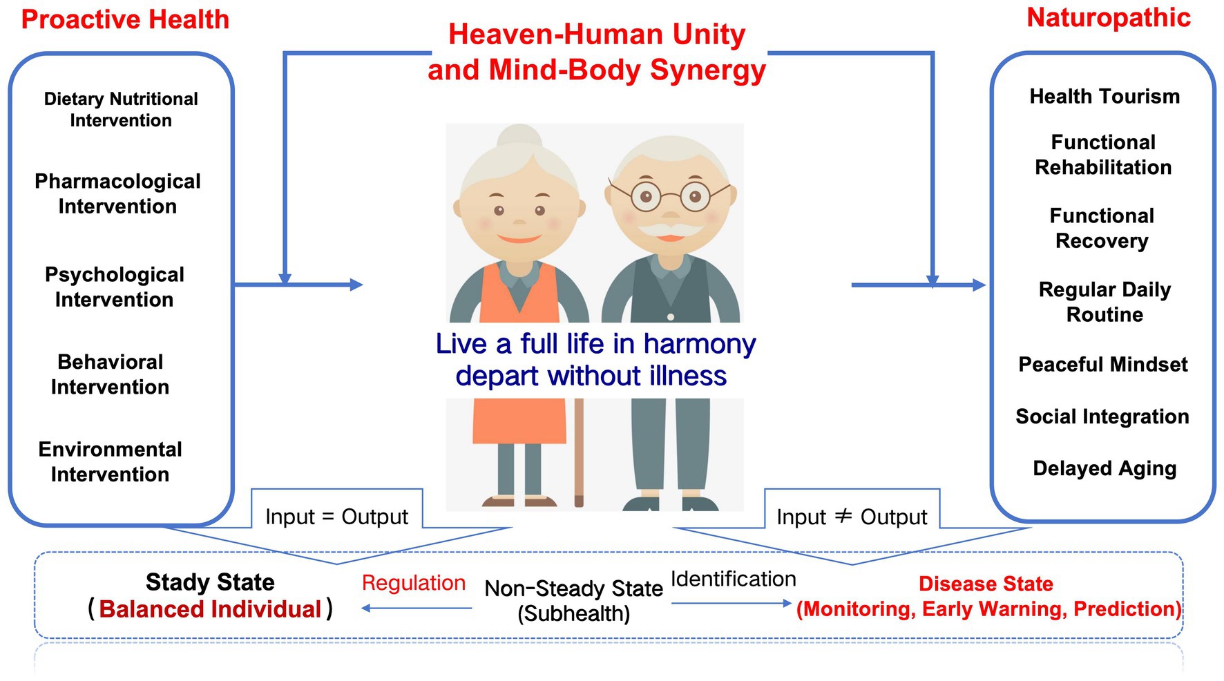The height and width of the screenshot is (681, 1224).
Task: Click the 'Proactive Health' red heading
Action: [125, 19]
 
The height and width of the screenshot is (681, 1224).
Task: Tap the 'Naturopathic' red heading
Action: [1109, 17]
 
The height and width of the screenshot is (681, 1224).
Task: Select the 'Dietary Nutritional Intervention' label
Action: [121, 109]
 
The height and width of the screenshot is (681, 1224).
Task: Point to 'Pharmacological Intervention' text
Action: [117, 193]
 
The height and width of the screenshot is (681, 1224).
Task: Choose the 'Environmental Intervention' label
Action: [110, 461]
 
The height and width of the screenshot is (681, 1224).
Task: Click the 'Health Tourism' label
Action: [1105, 96]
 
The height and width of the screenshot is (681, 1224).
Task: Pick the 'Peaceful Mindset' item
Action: [1103, 364]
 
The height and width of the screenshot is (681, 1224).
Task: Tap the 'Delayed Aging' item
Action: [1105, 468]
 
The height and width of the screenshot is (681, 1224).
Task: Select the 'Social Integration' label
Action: [1102, 416]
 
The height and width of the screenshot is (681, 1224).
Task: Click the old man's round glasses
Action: [670, 197]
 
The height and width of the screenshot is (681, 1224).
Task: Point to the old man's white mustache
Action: [669, 229]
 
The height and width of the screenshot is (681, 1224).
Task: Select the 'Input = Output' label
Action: [336, 517]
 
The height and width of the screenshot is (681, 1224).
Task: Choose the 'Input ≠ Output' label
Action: [852, 517]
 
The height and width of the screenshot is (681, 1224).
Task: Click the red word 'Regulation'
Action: [414, 583]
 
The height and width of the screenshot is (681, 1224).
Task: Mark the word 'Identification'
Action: [733, 579]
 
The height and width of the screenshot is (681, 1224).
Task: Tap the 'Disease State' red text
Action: [986, 584]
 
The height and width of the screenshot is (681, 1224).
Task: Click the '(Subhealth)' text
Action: [573, 613]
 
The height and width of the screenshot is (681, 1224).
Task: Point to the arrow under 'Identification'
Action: [731, 604]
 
